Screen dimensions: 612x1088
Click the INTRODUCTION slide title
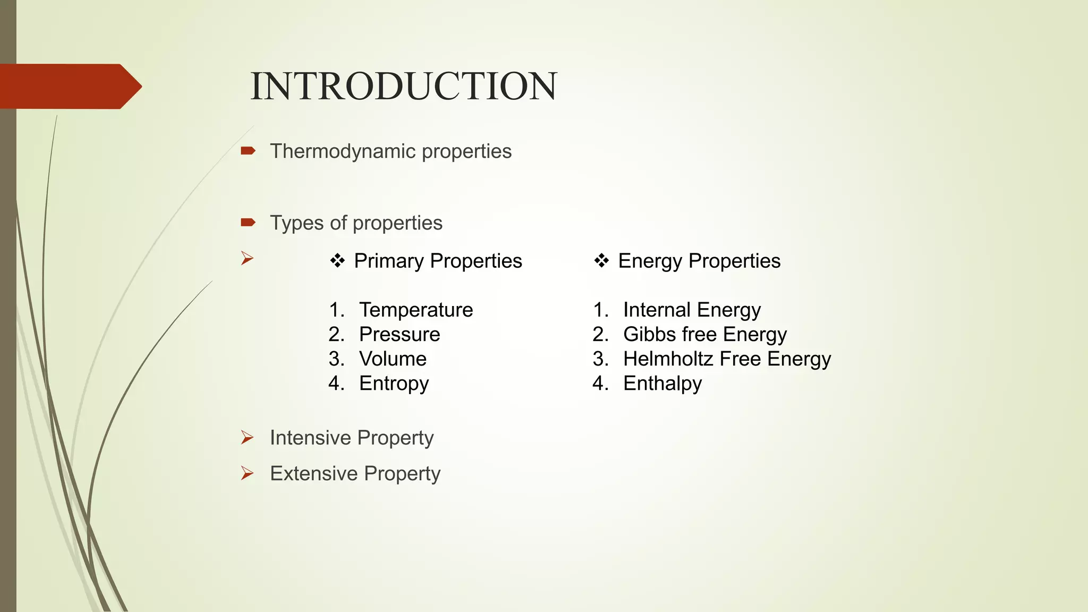tap(404, 87)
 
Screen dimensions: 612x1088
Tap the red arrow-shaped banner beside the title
tap(69, 87)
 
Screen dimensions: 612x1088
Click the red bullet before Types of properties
tap(248, 222)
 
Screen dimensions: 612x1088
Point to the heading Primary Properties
tap(438, 261)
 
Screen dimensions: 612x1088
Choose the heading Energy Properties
tap(699, 261)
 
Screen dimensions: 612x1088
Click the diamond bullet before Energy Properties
tap(601, 261)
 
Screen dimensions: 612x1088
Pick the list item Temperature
tap(416, 310)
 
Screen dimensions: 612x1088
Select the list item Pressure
tap(399, 334)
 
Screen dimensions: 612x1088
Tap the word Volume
tap(393, 359)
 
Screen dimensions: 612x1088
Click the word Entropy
tap(394, 384)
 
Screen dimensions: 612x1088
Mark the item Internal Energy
tap(692, 310)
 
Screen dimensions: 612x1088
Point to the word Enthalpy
tap(662, 384)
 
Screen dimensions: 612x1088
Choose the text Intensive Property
tap(352, 438)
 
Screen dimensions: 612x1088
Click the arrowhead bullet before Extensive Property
tap(247, 473)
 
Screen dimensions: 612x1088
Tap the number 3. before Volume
tap(336, 359)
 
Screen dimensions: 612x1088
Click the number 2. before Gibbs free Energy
tap(600, 334)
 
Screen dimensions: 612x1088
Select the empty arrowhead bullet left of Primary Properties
tap(247, 259)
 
